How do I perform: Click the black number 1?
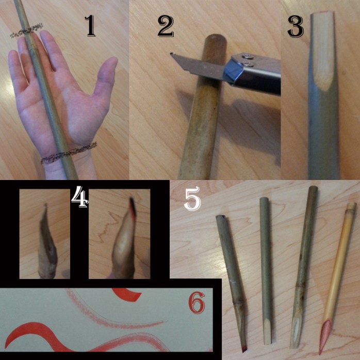(x=91, y=26)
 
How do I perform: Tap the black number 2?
(x=166, y=26)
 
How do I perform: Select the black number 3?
(x=296, y=26)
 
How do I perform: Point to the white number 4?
(x=79, y=197)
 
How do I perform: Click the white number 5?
(x=192, y=199)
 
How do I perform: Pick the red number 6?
(x=197, y=303)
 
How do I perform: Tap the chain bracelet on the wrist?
(x=69, y=153)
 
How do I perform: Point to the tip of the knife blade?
(x=171, y=54)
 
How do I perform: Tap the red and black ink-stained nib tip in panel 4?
(x=133, y=208)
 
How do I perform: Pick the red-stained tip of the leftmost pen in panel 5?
(x=244, y=349)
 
